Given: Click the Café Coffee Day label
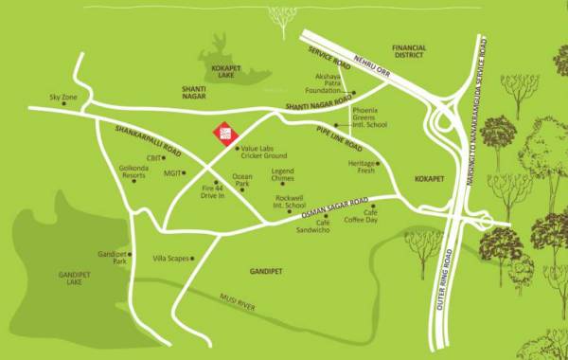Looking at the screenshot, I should [x=385, y=217].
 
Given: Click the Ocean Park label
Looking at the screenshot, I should [x=242, y=180].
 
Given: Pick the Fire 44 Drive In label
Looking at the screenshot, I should [x=212, y=192].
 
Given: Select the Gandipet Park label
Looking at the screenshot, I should [x=112, y=257].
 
